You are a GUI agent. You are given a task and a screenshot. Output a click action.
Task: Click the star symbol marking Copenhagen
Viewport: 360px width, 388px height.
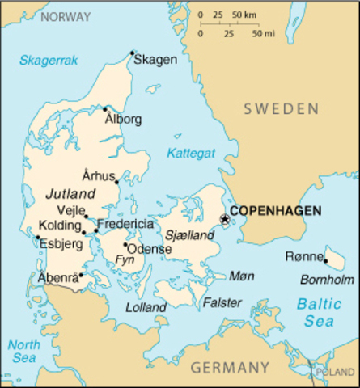click(225, 218)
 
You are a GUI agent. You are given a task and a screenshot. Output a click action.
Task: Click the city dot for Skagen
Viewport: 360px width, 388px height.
click(133, 54)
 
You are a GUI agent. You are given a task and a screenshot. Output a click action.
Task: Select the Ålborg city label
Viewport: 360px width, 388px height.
click(123, 120)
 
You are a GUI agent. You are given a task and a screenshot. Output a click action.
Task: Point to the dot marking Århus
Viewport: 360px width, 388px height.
click(116, 182)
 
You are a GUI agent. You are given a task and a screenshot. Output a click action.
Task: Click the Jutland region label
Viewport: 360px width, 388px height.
click(70, 194)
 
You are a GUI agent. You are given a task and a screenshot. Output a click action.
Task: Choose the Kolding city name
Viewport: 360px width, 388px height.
click(59, 225)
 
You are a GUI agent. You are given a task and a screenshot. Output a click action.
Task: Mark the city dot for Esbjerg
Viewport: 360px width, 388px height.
click(37, 237)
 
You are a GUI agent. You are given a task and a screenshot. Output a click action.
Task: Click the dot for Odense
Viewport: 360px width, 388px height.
click(125, 244)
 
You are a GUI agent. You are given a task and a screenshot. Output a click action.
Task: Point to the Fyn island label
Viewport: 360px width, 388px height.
click(125, 259)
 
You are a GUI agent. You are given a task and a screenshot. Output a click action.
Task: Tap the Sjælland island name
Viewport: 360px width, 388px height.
click(189, 236)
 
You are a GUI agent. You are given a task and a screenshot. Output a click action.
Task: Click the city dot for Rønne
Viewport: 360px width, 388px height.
click(325, 260)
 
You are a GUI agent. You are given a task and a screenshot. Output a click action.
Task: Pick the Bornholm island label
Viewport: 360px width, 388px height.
click(328, 280)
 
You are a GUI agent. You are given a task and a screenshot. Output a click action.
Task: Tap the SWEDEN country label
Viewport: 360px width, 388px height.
click(281, 108)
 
